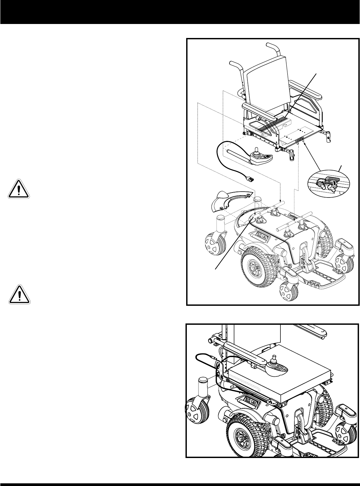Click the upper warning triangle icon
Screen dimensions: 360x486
point(19,189)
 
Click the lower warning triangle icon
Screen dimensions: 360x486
point(19,294)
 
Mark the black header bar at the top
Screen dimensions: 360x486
point(180,12)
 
